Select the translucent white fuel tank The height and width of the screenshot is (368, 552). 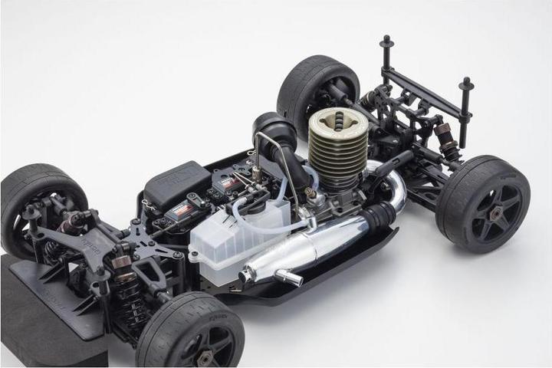238,230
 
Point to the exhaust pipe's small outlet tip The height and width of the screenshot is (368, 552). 291,278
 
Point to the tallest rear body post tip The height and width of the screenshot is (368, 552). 386,41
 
